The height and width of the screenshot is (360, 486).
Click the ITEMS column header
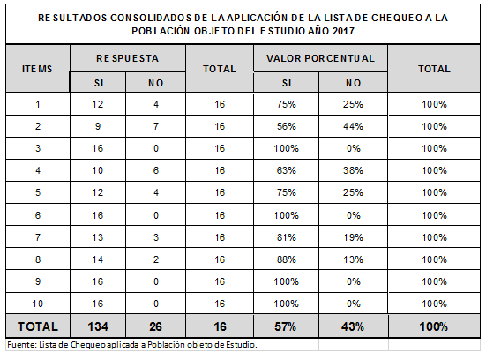37,69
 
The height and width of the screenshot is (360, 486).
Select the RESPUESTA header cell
127,58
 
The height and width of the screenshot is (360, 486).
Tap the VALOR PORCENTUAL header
320,58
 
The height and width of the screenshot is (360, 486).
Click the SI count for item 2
98,126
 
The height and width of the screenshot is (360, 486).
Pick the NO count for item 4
156,170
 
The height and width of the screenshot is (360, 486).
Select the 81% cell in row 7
287,237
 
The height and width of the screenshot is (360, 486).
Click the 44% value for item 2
353,126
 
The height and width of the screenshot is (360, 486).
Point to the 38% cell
353,170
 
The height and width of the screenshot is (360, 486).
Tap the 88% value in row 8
287,259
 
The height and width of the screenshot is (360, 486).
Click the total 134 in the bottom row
98,326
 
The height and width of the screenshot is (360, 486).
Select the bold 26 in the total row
155,326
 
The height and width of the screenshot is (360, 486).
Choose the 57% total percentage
286,326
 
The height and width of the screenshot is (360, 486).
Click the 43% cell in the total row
353,326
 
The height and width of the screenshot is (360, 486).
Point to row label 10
38,304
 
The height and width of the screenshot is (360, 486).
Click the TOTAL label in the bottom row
38,326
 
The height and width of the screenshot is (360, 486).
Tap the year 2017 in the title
343,31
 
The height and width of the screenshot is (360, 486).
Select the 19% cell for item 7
353,237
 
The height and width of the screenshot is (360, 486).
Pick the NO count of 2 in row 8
156,259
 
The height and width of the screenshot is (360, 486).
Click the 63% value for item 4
287,170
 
